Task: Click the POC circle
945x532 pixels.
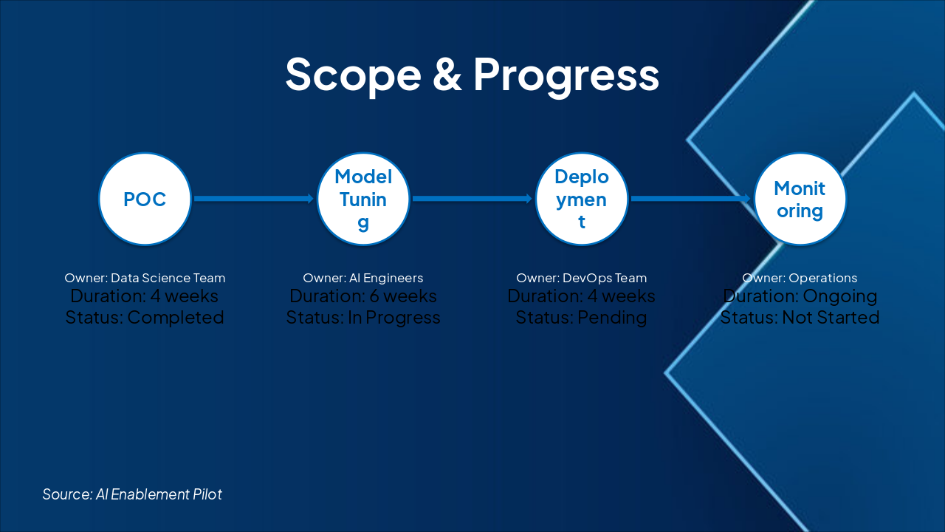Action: click(145, 199)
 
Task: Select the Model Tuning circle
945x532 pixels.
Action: click(363, 199)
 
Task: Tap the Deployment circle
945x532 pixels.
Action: click(582, 199)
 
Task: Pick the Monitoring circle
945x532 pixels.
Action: click(800, 199)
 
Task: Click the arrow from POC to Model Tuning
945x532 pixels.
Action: click(254, 199)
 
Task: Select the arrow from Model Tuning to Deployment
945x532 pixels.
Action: click(472, 199)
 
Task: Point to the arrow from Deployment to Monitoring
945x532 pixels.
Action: click(691, 199)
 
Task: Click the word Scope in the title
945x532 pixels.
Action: click(354, 75)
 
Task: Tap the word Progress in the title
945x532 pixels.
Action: click(566, 75)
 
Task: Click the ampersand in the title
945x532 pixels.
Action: click(447, 75)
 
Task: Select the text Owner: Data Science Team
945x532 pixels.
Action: click(145, 278)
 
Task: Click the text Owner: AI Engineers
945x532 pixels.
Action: click(362, 278)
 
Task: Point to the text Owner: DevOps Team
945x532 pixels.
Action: click(581, 278)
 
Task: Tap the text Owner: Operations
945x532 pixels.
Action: click(800, 278)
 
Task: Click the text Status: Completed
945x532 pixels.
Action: click(145, 318)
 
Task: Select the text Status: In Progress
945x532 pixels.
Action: click(363, 318)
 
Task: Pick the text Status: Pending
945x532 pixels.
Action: click(581, 318)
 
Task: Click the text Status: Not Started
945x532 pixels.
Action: click(800, 318)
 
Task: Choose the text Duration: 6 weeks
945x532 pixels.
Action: click(363, 296)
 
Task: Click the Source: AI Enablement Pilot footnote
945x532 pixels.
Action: click(132, 494)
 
